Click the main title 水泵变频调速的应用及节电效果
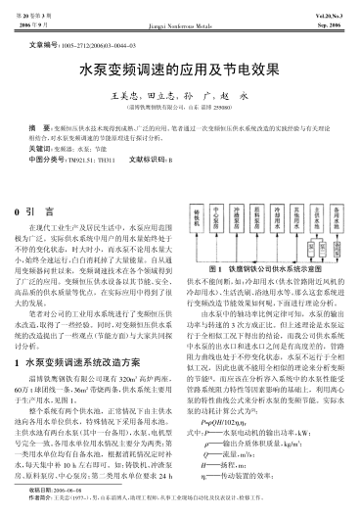point(179,70)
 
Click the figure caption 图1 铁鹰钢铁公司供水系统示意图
point(267,240)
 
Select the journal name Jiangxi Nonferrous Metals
point(179,21)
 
